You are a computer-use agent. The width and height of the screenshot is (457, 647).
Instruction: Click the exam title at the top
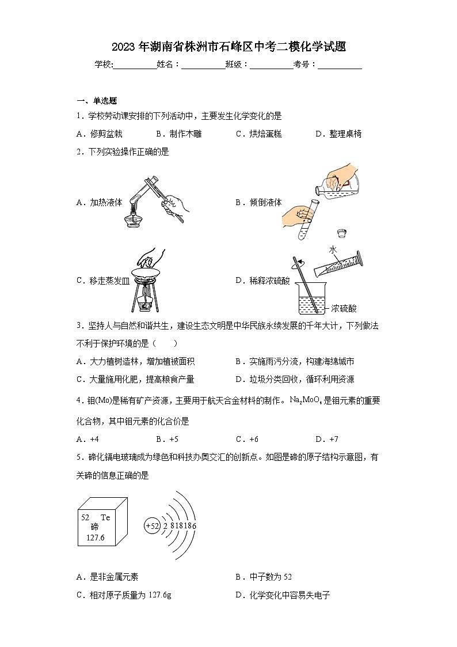click(x=228, y=47)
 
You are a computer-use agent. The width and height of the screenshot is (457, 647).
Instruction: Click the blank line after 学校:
click(x=135, y=65)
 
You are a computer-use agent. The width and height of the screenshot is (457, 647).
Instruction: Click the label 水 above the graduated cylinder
click(x=333, y=249)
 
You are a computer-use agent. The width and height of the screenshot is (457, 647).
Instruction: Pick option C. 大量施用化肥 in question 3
click(x=135, y=379)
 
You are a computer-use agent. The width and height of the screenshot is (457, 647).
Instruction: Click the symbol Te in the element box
click(x=105, y=517)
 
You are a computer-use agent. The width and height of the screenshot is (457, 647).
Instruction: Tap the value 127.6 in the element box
click(x=95, y=537)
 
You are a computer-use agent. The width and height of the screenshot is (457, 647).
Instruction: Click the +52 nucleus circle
click(x=152, y=525)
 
